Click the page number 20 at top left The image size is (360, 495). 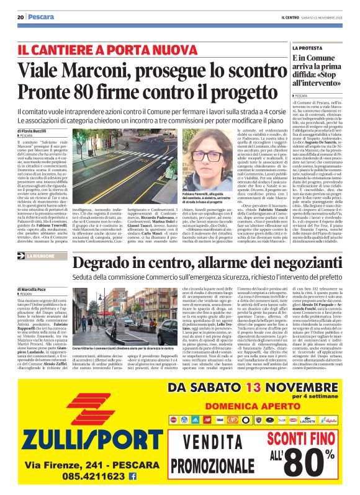point(20,17)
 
